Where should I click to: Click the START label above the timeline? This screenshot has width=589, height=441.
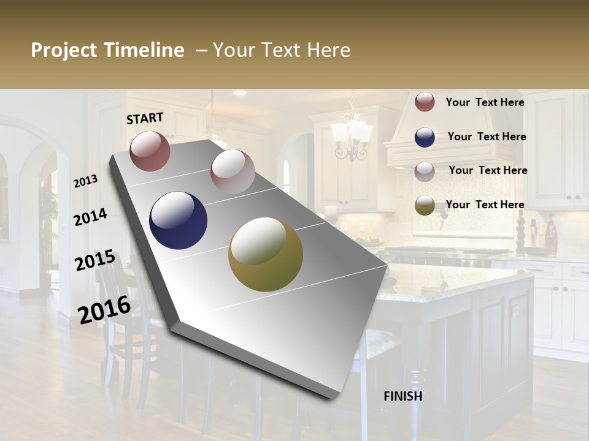coord(145,118)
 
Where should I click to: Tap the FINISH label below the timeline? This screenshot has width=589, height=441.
coord(403,396)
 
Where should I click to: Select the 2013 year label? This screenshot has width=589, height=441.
coord(86,181)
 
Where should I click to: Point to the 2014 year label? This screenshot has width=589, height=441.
coord(90,217)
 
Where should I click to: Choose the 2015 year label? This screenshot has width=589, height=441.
coord(94,260)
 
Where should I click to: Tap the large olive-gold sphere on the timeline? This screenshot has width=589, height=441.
coord(266,254)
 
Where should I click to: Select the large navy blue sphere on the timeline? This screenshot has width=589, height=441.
coord(178,221)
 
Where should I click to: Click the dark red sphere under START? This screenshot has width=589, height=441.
coord(150,151)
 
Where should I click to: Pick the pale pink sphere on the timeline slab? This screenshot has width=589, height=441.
coord(233,171)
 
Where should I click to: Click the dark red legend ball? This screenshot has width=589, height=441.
coord(425,102)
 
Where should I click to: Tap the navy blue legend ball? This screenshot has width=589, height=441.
coord(425,137)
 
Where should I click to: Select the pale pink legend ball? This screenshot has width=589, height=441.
coord(425,171)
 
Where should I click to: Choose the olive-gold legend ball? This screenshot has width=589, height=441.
coord(425,205)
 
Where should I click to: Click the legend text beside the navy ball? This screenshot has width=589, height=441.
coord(487,137)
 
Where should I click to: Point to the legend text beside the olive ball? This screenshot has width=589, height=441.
coord(485,205)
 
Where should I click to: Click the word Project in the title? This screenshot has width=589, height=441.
coord(64,50)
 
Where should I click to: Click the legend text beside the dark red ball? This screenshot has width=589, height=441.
coord(485,102)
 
